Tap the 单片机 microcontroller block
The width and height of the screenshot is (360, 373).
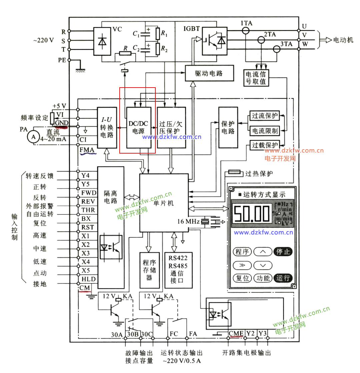click(164, 203)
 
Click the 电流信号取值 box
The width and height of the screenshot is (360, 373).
click(256, 78)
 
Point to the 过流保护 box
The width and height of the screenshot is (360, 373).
click(265, 116)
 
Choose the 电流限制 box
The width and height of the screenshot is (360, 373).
click(265, 131)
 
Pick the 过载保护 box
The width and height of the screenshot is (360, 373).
click(265, 145)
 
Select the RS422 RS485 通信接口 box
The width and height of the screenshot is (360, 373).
click(178, 270)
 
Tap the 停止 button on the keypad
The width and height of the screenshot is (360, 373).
click(283, 251)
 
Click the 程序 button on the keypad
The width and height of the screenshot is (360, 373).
click(242, 251)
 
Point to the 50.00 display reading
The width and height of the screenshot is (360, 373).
click(252, 214)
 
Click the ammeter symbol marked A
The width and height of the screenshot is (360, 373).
click(33, 137)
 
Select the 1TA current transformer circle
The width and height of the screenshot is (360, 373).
click(246, 31)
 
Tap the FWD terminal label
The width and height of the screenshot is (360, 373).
click(89, 193)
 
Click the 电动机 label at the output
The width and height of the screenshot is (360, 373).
click(343, 40)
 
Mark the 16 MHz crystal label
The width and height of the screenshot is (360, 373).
click(188, 221)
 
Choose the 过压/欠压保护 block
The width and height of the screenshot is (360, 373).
click(171, 128)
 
